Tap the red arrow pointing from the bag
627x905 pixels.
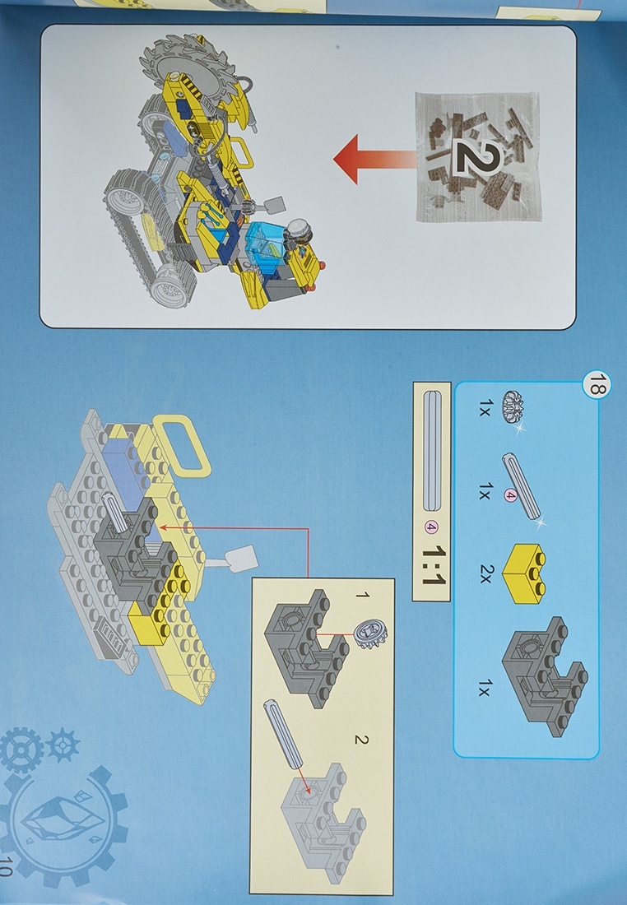coord(374,160)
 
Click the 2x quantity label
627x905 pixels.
coord(485,573)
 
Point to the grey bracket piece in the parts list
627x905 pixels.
coord(544,675)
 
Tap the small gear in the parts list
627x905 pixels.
coord(513,407)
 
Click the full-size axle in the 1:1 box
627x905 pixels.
coord(433,451)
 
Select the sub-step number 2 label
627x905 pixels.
coord(361,740)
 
